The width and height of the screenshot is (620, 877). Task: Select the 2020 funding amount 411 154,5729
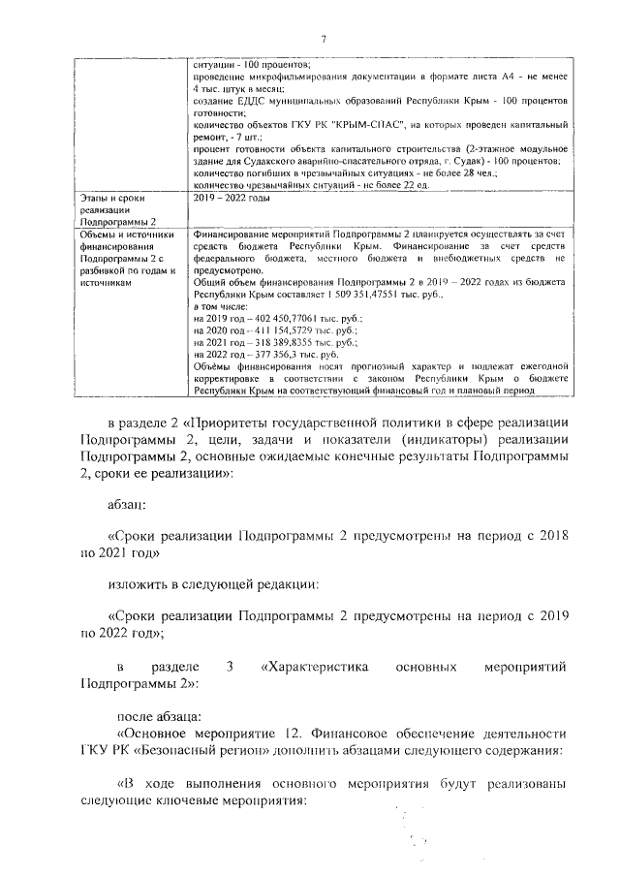289,330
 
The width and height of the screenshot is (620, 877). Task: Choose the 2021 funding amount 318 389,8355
289,343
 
